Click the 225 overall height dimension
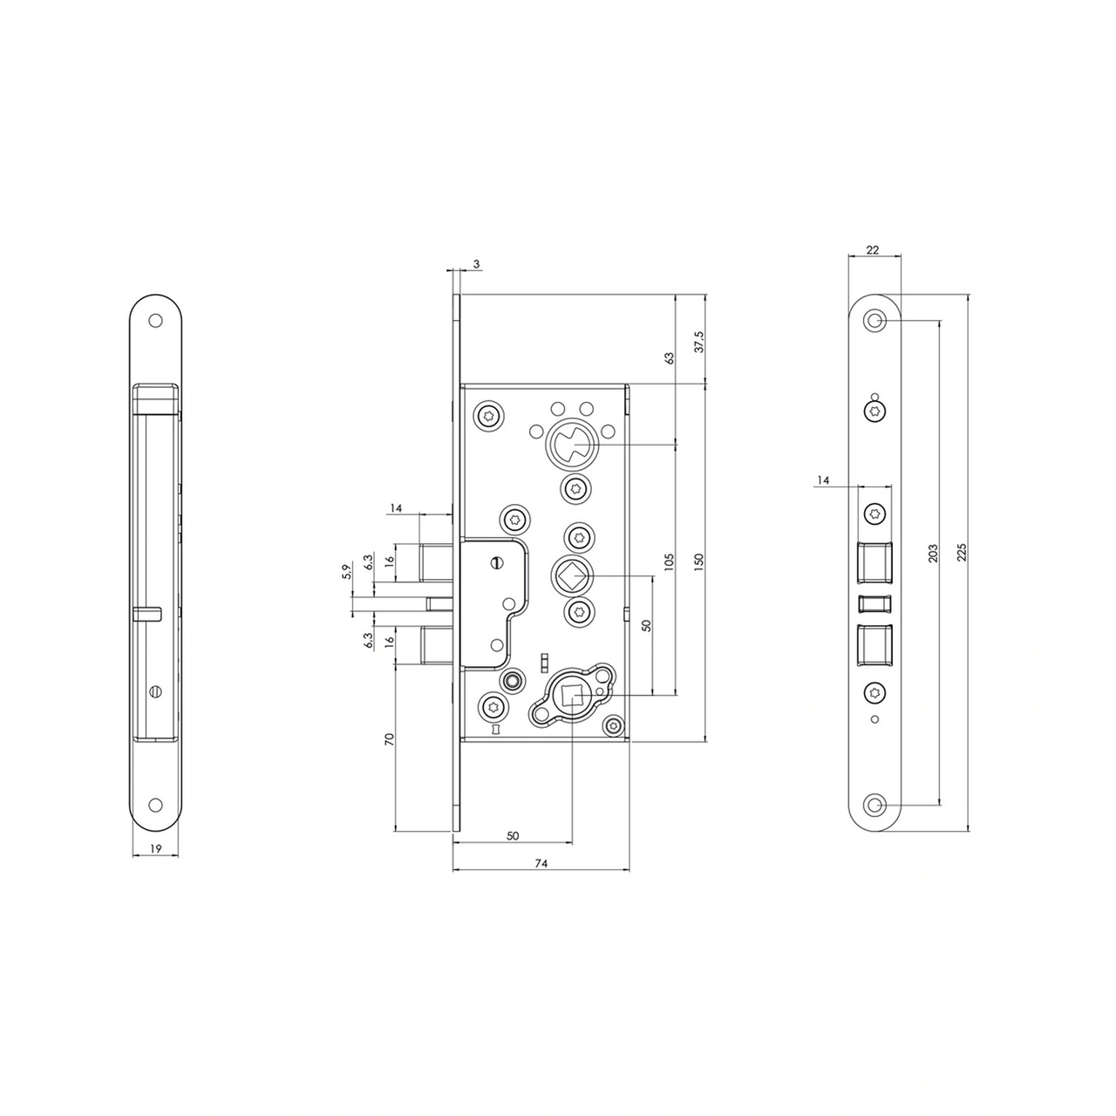click(962, 553)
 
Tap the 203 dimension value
click(933, 554)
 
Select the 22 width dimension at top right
click(872, 249)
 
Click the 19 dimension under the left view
click(155, 847)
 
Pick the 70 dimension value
click(389, 738)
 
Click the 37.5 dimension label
click(699, 342)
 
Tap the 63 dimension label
click(670, 358)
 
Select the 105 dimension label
click(670, 561)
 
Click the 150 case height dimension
click(698, 561)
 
